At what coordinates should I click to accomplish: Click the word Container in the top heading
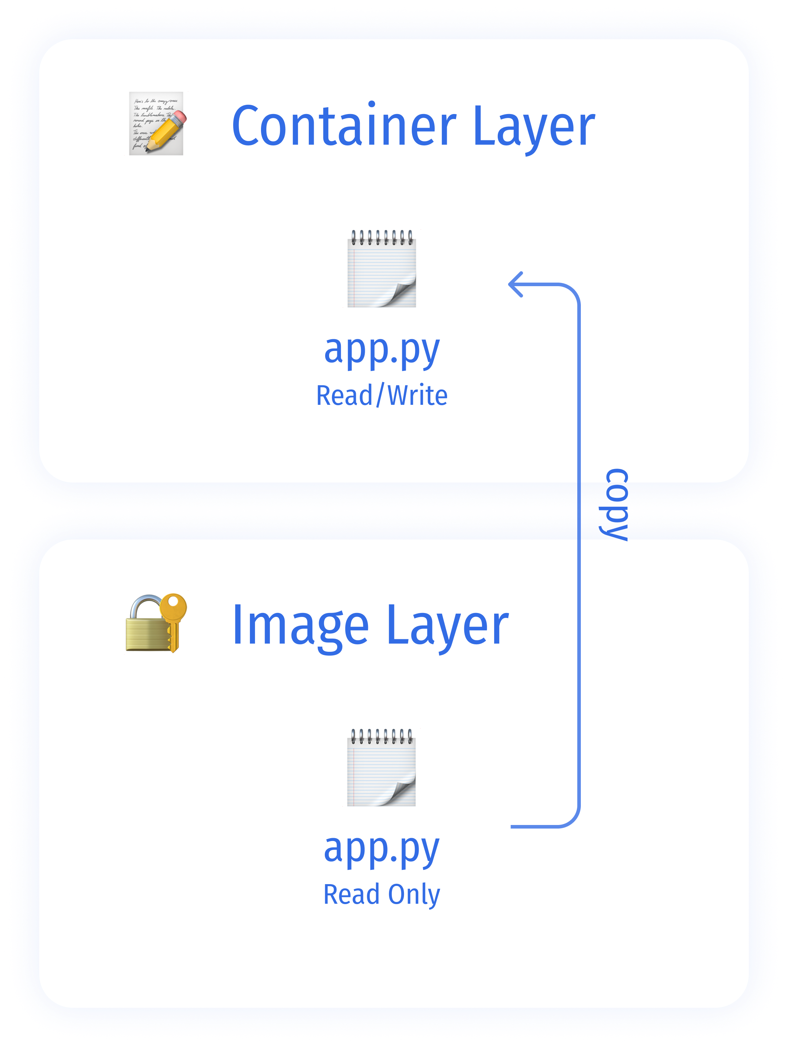[344, 127]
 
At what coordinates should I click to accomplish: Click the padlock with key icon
[156, 623]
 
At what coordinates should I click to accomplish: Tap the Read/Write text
[382, 396]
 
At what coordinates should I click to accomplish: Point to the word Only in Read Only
[414, 894]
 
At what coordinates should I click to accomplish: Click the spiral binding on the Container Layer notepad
[382, 237]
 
